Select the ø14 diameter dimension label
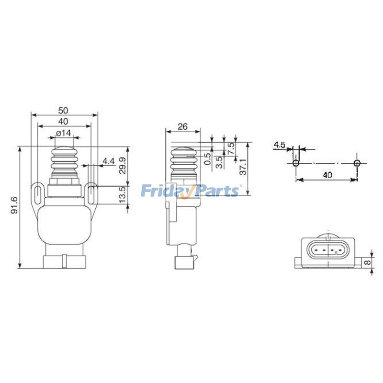tap(63, 134)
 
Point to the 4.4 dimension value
tap(108, 161)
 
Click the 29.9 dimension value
tap(122, 166)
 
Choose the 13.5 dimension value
tap(122, 195)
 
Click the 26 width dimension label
tap(182, 127)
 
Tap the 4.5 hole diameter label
tap(280, 144)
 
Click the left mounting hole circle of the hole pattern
tap(296, 163)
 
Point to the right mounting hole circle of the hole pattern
tap(357, 163)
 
